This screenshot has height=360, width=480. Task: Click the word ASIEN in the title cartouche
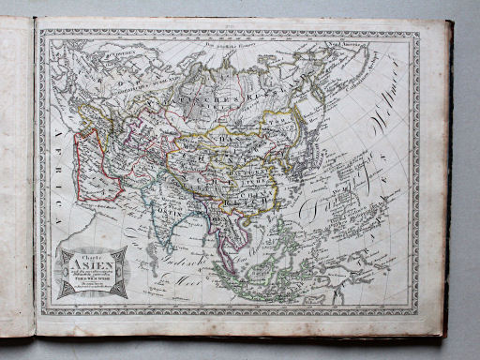point(92,266)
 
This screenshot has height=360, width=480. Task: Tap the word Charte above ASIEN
point(92,255)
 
